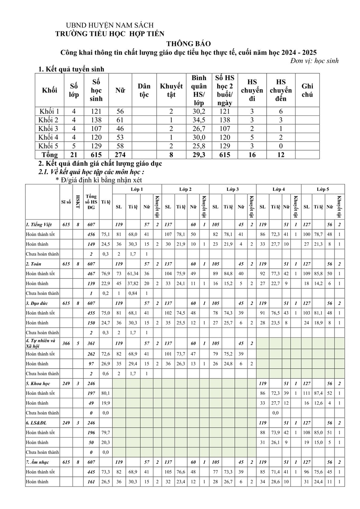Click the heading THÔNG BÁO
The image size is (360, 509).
tap(188, 43)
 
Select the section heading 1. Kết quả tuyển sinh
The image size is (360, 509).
tap(71, 69)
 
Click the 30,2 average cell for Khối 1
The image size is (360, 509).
tap(199, 111)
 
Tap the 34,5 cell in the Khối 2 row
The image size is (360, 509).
tap(199, 120)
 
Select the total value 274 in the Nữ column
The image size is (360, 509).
tap(120, 155)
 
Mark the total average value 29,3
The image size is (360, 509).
tap(199, 155)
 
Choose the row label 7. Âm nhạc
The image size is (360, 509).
tap(39, 462)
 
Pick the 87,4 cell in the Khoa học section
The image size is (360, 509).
tap(318, 393)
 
